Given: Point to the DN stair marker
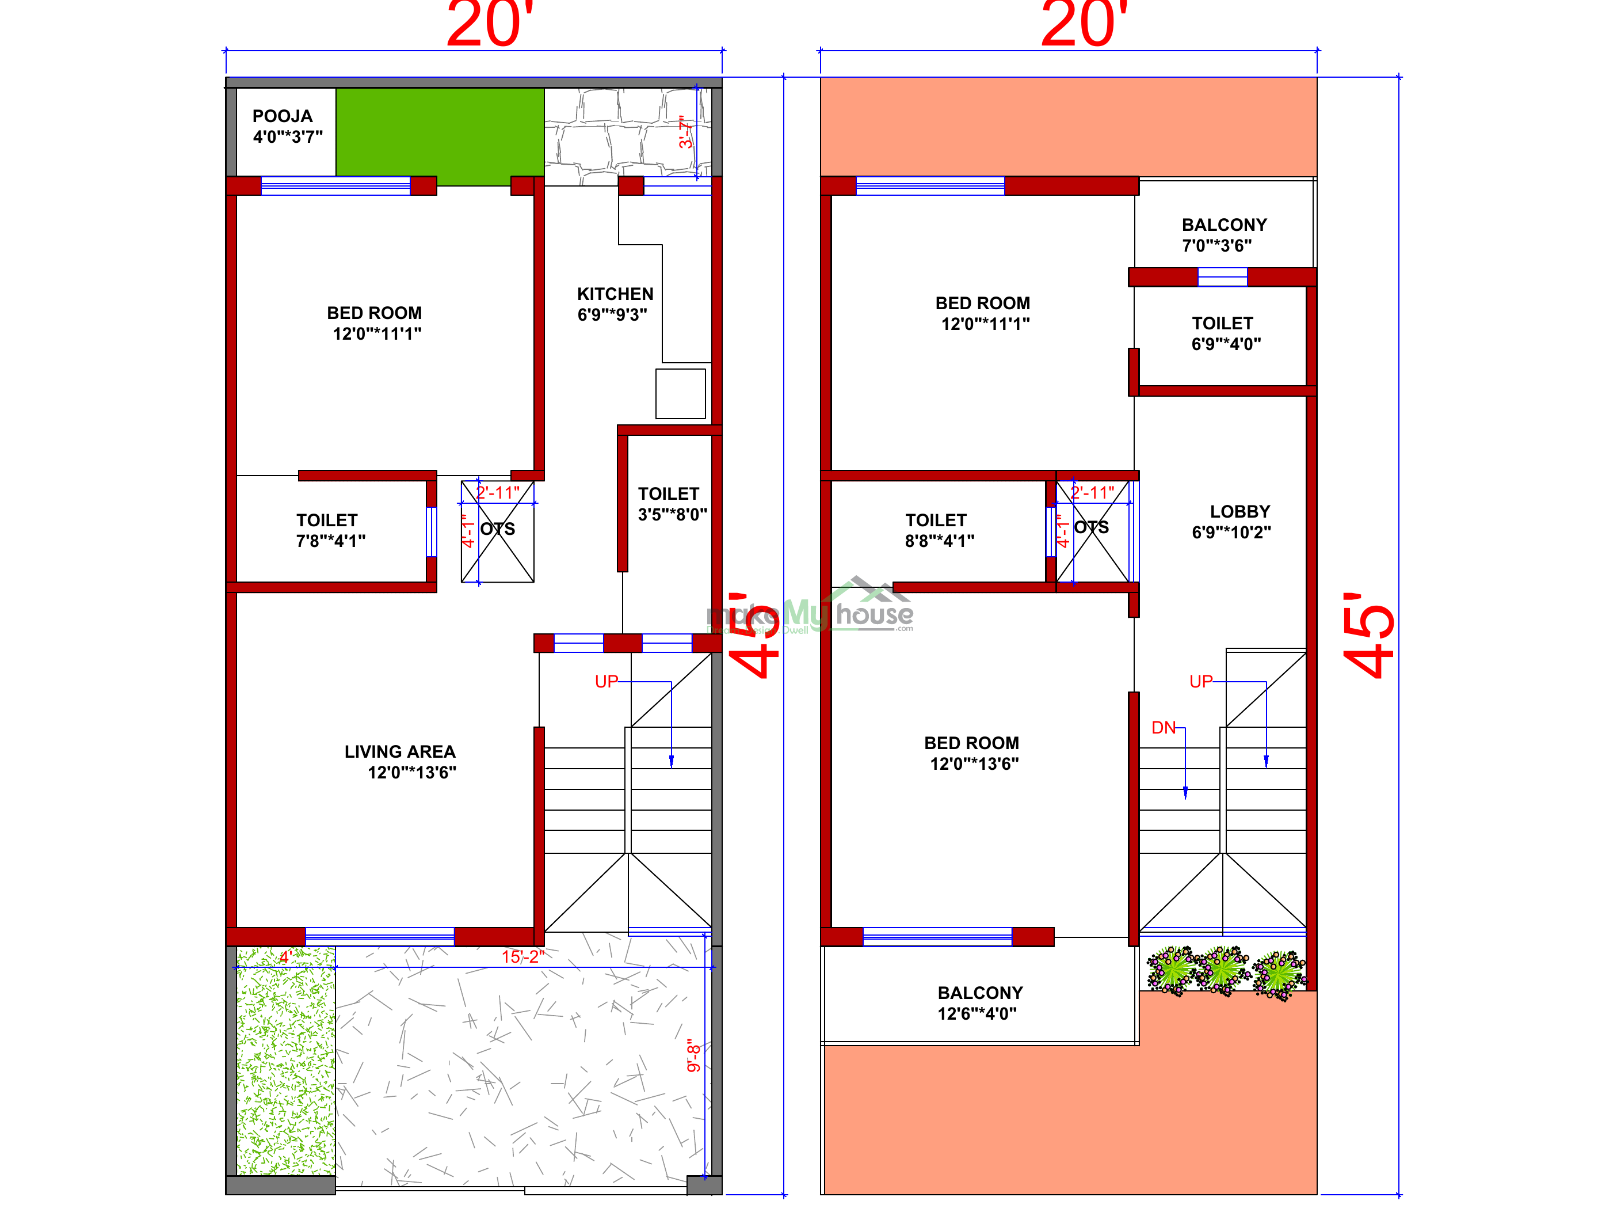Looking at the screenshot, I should tap(1163, 727).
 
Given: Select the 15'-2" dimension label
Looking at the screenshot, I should tap(522, 956).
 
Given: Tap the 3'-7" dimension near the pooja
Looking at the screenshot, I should tap(685, 132).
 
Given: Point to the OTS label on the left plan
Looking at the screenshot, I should tap(498, 529).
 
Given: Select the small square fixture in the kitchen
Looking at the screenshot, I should tap(680, 394).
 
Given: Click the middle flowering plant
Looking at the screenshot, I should tap(1222, 968).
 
